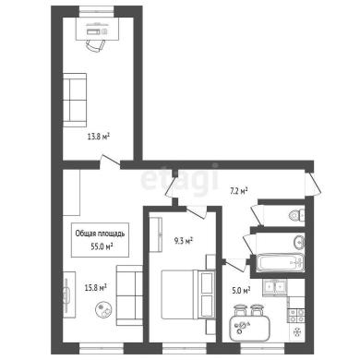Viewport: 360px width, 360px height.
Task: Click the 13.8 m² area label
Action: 99,137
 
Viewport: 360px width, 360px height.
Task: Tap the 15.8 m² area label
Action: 95,288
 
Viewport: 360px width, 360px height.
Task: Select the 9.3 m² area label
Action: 184,241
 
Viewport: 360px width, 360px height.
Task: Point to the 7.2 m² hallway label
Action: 239,191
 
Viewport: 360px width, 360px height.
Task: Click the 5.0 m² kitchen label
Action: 241,290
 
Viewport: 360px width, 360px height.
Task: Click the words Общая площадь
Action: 100,234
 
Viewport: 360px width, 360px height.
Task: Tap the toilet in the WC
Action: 296,214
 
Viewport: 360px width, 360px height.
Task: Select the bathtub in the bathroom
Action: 280,263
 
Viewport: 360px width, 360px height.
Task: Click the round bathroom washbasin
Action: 299,242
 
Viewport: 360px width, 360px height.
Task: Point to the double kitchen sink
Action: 275,287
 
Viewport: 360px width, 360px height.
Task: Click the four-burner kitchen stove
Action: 296,316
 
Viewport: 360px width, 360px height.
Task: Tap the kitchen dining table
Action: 250,329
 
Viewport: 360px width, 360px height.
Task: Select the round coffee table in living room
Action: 103,309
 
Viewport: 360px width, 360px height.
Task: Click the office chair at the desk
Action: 95,46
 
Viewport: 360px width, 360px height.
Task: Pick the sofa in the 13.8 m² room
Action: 75,100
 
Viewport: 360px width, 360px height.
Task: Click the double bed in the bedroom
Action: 187,294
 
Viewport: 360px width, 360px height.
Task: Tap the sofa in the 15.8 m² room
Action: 129,295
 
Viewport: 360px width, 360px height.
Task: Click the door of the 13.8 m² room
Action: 110,162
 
